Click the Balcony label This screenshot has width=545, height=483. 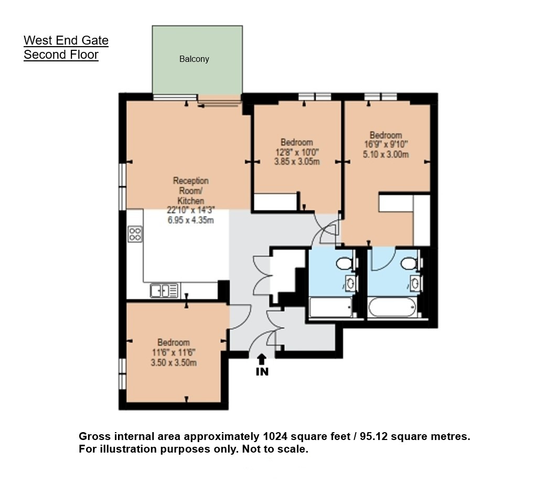pyautogui.click(x=194, y=59)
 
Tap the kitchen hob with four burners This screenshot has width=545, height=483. pyautogui.click(x=135, y=234)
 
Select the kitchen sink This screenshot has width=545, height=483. pyautogui.click(x=165, y=291)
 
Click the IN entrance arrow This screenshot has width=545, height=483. pyautogui.click(x=262, y=359)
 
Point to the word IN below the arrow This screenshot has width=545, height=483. pyautogui.click(x=262, y=372)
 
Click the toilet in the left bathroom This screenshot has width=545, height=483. pyautogui.click(x=345, y=263)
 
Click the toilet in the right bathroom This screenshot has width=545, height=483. pyautogui.click(x=409, y=263)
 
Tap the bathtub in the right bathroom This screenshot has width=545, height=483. pyautogui.click(x=392, y=307)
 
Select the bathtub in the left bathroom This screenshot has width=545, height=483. pyautogui.click(x=330, y=307)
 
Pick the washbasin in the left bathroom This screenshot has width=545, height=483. pyautogui.click(x=351, y=283)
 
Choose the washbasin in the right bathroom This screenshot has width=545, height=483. pyautogui.click(x=415, y=283)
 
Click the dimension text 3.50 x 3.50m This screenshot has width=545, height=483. pyautogui.click(x=174, y=363)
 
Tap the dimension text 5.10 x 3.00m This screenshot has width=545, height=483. pyautogui.click(x=386, y=154)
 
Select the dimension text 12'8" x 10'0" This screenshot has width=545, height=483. pyautogui.click(x=297, y=152)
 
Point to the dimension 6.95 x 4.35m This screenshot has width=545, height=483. pyautogui.click(x=190, y=220)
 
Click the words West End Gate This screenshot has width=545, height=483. pyautogui.click(x=66, y=40)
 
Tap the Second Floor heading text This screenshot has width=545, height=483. pyautogui.click(x=61, y=55)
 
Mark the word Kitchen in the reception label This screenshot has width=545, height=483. pyautogui.click(x=191, y=200)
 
